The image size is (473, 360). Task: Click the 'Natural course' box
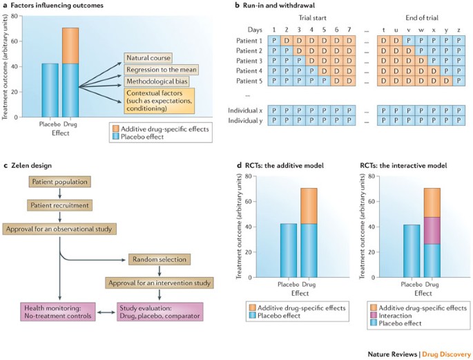(x=148, y=58)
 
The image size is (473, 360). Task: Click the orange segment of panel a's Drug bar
(x=70, y=46)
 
